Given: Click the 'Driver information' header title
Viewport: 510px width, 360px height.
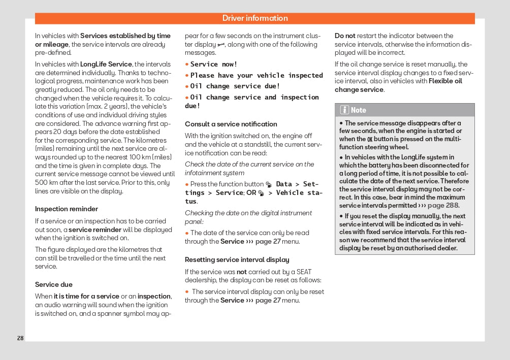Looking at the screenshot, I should click(255, 18).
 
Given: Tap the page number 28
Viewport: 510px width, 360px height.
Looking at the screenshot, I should click(20, 338).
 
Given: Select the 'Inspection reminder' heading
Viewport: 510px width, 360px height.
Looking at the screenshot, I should click(67, 209).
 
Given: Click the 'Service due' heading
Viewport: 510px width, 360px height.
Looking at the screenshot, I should click(54, 284).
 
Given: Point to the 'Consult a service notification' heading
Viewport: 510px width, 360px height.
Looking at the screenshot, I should click(231, 124).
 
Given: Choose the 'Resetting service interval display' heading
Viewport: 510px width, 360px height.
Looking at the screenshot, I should click(237, 259).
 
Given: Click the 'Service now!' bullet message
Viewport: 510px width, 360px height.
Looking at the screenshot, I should click(214, 64).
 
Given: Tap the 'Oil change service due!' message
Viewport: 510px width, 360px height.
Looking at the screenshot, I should click(235, 86).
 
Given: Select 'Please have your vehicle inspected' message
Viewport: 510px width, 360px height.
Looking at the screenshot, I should click(257, 75).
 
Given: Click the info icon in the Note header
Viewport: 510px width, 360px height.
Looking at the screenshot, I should click(344, 110).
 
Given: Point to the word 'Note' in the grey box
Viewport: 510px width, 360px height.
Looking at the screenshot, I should click(358, 110).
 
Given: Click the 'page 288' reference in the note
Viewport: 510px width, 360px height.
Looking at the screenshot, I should click(443, 206).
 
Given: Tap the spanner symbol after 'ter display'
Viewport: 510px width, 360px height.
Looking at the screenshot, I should click(221, 45).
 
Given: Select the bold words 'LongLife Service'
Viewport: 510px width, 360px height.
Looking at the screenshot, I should click(106, 64).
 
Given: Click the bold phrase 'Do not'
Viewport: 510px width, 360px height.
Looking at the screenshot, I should click(345, 36).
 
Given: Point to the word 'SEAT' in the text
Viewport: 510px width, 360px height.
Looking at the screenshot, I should click(303, 272).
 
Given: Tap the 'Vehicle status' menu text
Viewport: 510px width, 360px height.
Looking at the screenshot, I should click(299, 193).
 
